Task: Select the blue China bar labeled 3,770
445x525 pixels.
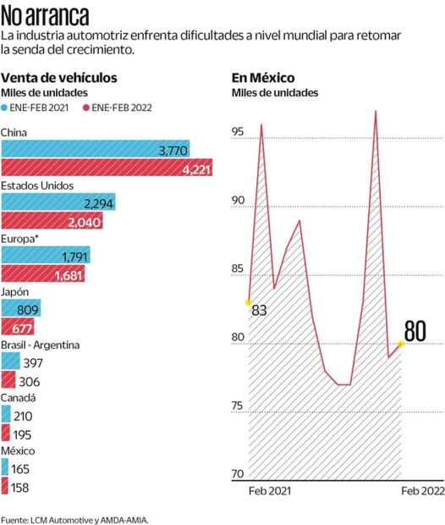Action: pyautogui.click(x=96, y=150)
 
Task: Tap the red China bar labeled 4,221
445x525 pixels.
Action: pyautogui.click(x=107, y=169)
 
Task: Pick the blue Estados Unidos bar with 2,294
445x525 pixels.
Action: pyautogui.click(x=58, y=202)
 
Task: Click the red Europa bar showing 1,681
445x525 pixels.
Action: pyautogui.click(x=45, y=274)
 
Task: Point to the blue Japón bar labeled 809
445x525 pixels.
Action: pyautogui.click(x=21, y=309)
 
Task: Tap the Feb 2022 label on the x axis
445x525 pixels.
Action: pyautogui.click(x=420, y=491)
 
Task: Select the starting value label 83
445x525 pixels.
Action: pyautogui.click(x=259, y=311)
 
